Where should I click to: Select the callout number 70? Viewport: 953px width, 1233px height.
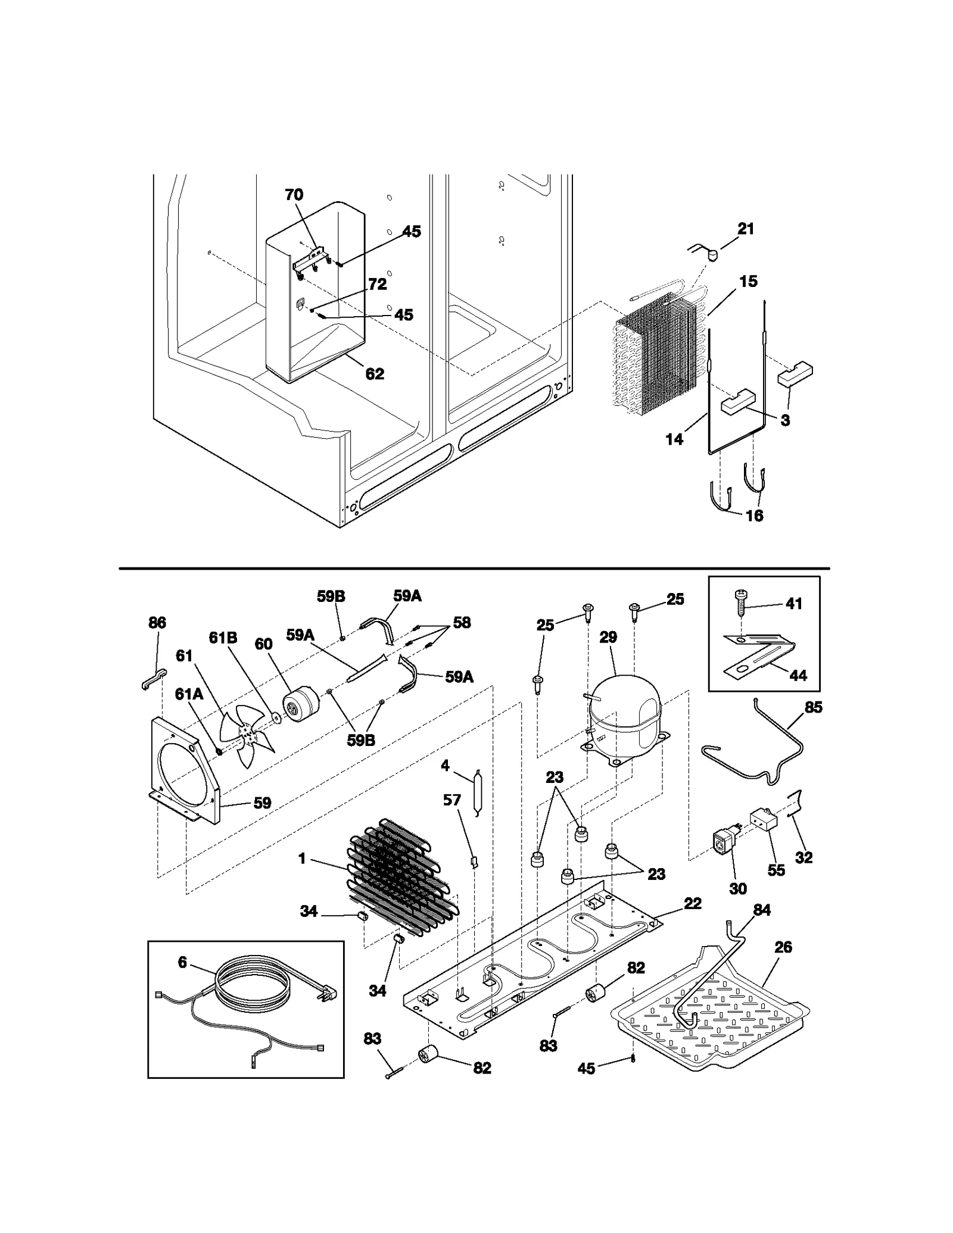294,195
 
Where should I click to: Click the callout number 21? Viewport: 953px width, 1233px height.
746,229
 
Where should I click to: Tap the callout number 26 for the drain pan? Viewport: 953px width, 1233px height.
783,947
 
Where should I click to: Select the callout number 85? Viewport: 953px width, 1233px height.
813,707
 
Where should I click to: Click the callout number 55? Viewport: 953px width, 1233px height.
776,870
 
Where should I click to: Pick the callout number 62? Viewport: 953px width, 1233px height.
375,374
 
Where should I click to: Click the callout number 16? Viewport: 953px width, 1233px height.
754,516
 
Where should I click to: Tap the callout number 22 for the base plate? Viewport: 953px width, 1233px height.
693,903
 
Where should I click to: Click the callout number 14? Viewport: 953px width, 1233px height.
674,439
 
